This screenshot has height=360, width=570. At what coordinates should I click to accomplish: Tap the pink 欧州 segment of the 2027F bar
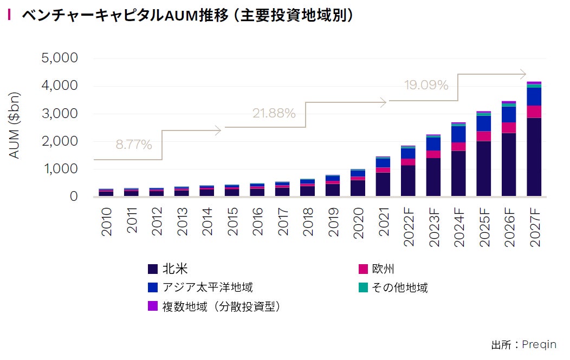pos(534,112)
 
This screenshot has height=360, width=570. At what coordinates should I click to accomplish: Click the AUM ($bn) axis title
pos(15,126)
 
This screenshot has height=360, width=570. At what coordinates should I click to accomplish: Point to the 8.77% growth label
pos(134,145)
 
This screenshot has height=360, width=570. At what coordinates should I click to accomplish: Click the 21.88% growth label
pos(274,114)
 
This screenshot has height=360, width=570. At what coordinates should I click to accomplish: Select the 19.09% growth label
pos(426,85)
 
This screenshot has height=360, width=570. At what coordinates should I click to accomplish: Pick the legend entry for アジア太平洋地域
pos(200,287)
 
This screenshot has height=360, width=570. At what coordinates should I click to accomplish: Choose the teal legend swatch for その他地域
pos(364,287)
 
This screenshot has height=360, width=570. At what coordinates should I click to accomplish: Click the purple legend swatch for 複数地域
pos(152,306)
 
